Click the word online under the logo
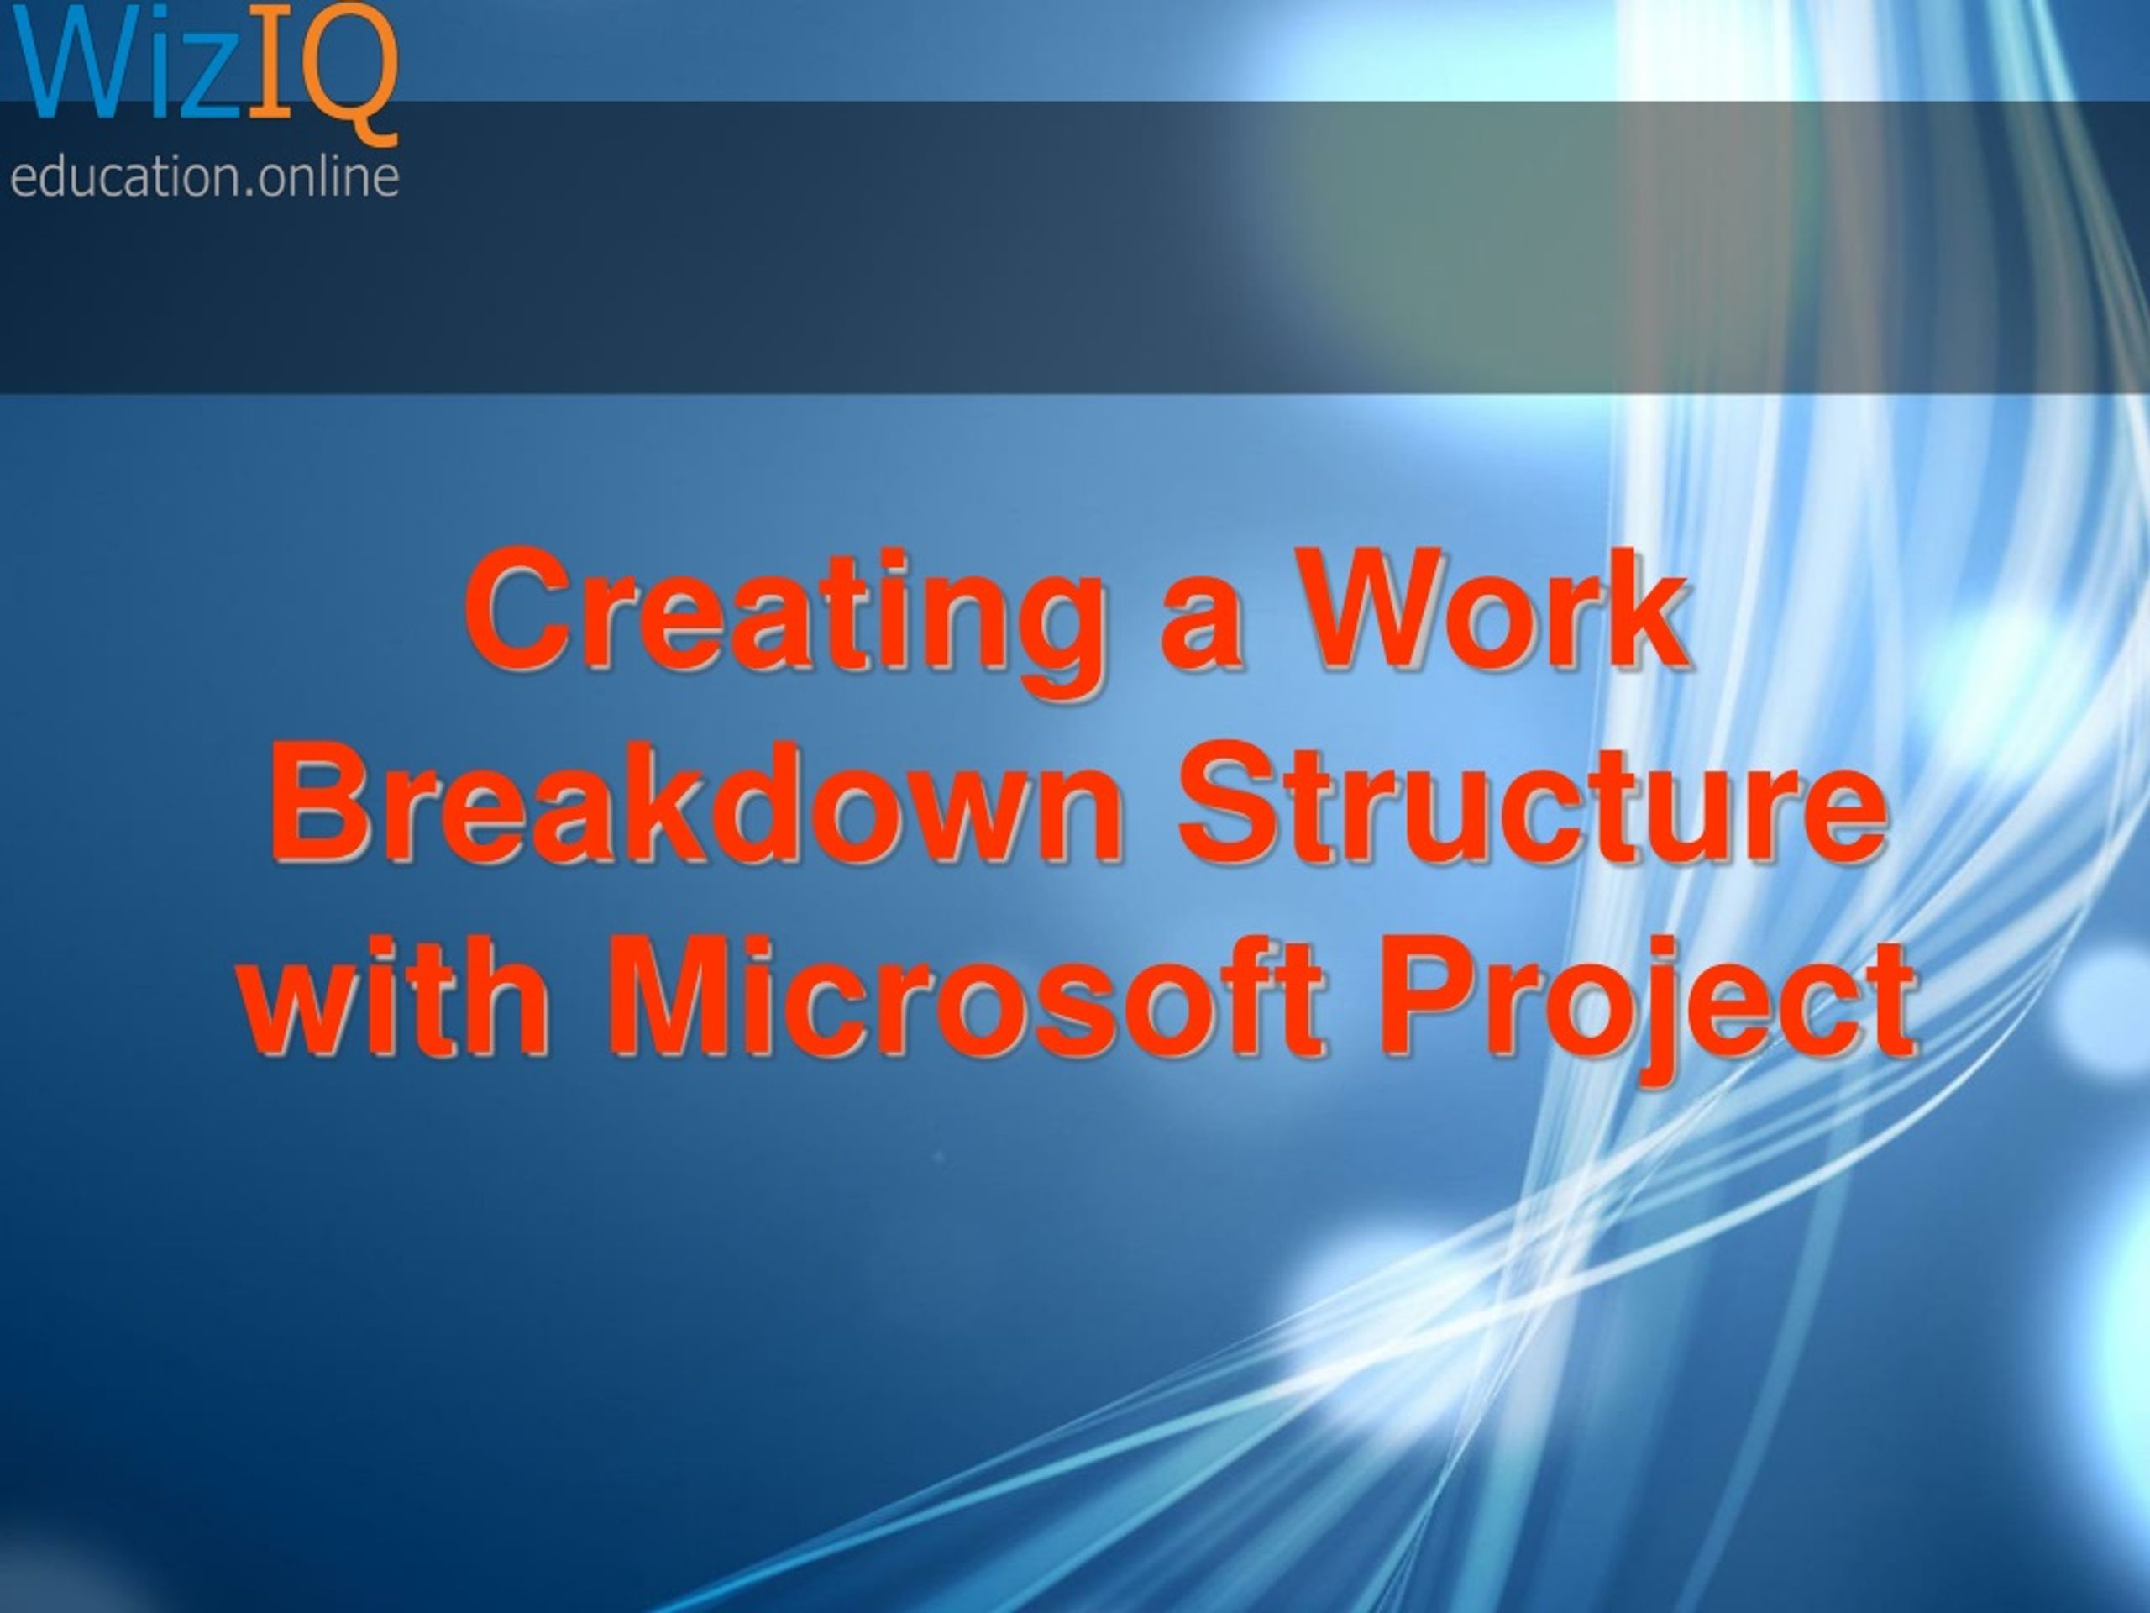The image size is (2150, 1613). (x=328, y=178)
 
